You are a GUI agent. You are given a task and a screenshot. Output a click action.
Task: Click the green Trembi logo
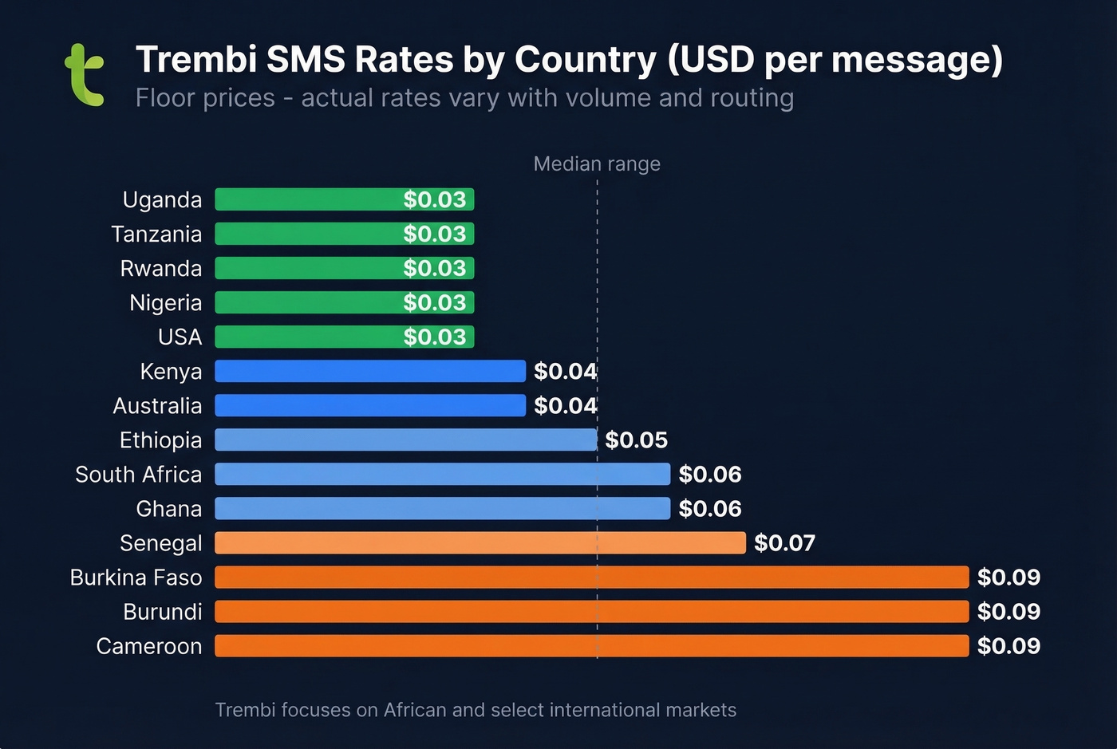click(x=85, y=76)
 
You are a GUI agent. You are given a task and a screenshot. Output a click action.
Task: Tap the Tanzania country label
click(x=156, y=235)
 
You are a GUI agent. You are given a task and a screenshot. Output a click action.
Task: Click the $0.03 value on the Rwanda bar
click(x=434, y=269)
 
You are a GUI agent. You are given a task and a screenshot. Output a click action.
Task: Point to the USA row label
click(x=180, y=337)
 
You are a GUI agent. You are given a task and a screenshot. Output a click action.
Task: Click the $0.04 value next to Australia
click(x=565, y=406)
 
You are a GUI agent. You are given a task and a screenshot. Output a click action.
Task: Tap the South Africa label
click(x=138, y=475)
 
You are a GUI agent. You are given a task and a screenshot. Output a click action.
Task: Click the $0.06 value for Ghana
click(x=709, y=509)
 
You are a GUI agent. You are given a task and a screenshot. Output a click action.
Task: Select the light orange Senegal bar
click(x=480, y=543)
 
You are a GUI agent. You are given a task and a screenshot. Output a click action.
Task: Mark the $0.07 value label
click(x=784, y=543)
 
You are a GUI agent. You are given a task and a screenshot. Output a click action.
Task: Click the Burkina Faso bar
click(x=591, y=578)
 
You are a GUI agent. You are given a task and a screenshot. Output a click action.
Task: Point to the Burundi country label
click(x=163, y=612)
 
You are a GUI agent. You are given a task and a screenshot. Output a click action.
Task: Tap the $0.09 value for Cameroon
click(x=1008, y=646)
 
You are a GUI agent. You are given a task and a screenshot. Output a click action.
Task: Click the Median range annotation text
click(x=597, y=164)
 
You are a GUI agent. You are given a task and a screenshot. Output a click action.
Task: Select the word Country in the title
click(x=586, y=60)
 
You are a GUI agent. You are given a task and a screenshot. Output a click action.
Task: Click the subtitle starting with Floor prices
click(x=464, y=98)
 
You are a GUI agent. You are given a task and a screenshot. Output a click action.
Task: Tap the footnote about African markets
click(x=476, y=710)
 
